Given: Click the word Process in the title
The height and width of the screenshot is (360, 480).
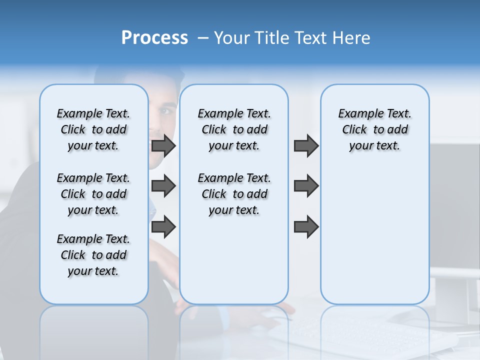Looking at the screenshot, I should tap(154, 38).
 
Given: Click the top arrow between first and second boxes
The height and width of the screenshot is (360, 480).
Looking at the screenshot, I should tap(163, 145).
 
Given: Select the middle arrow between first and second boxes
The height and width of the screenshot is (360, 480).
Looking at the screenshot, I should tap(163, 186).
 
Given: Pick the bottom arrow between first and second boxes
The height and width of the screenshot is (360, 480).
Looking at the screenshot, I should tap(163, 227).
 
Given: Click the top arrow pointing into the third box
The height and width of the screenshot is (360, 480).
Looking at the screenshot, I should tap(306, 145).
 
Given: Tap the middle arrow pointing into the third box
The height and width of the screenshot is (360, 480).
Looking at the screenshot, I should tap(306, 186).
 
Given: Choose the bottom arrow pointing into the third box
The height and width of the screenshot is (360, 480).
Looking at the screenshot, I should tap(306, 227).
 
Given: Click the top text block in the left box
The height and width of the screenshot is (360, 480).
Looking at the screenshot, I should tap(93, 129).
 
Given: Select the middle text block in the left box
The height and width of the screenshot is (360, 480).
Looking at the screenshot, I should tap(93, 194).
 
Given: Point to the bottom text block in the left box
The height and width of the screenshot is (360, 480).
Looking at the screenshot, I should tap(93, 255).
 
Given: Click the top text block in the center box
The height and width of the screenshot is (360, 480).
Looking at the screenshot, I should tap(234, 129).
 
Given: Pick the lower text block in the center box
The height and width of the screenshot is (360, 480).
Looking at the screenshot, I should tap(234, 194).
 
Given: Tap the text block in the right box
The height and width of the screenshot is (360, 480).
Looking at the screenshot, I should tap(374, 129).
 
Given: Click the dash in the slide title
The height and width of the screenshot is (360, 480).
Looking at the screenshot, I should tap(203, 38).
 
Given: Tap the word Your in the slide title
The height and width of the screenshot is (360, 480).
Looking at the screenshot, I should tap(232, 38).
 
